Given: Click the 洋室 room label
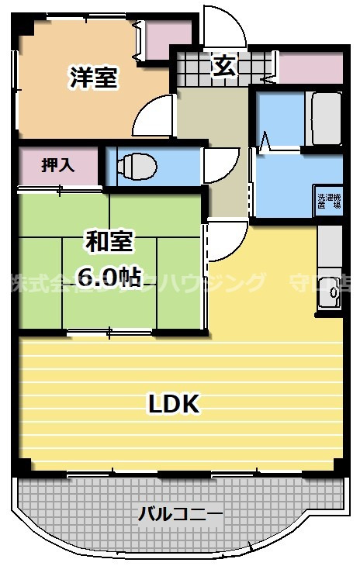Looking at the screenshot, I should pyautogui.click(x=94, y=78).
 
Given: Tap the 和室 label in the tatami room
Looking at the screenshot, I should pyautogui.click(x=109, y=242).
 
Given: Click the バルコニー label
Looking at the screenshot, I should pyautogui.click(x=180, y=513).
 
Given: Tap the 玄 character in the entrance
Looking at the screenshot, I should pyautogui.click(x=223, y=67).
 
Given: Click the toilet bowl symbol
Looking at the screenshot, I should pyautogui.click(x=137, y=165).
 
